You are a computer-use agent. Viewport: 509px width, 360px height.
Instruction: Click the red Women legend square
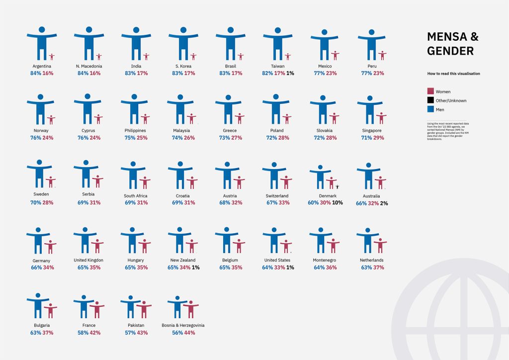(x=430, y=91)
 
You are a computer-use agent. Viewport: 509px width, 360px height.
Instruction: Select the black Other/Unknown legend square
(x=430, y=100)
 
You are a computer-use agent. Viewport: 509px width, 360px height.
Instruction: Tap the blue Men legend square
(x=430, y=109)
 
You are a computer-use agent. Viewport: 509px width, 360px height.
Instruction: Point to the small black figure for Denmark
(x=338, y=186)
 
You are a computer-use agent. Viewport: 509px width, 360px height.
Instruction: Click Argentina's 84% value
(x=35, y=73)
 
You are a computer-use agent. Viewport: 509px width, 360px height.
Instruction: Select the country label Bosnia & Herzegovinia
(x=183, y=325)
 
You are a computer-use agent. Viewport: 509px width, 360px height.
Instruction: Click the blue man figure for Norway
(x=40, y=109)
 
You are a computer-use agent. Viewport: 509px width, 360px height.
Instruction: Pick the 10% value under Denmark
(x=338, y=203)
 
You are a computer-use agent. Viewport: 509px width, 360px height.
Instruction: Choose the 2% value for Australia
(x=384, y=203)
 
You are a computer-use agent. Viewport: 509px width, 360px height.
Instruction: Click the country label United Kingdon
(x=88, y=260)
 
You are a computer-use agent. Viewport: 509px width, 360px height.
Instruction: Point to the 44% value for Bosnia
(x=190, y=333)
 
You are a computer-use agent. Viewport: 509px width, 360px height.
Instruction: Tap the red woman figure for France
(x=97, y=309)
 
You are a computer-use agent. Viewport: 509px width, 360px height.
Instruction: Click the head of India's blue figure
(x=136, y=30)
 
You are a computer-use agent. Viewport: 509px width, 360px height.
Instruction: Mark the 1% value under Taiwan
(x=290, y=73)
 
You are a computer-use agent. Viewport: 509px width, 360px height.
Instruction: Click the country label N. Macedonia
(x=89, y=66)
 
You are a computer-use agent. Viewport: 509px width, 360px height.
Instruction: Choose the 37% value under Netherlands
(x=379, y=268)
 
